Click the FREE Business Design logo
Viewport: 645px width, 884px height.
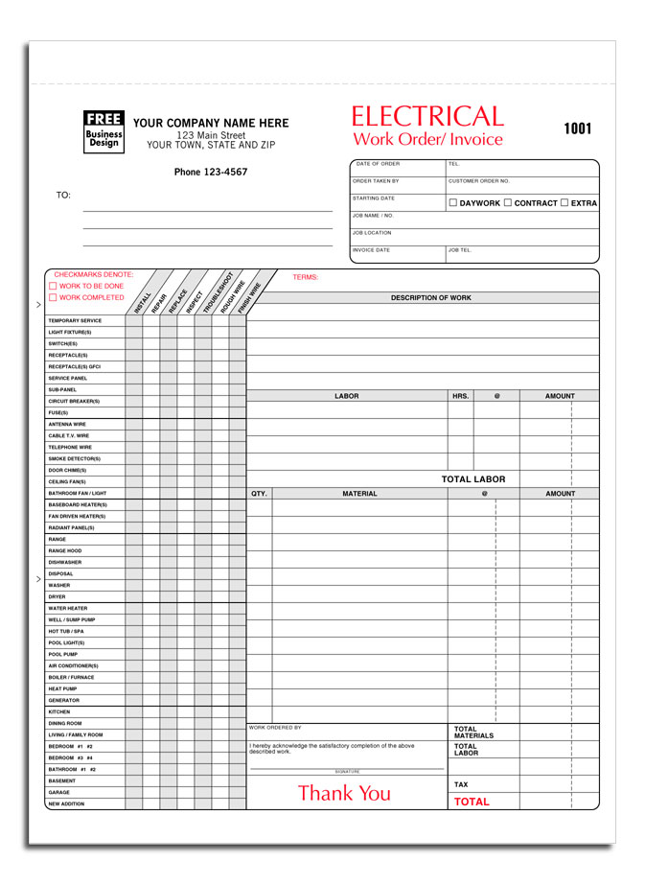pyautogui.click(x=104, y=131)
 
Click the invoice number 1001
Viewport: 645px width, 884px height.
pyautogui.click(x=577, y=129)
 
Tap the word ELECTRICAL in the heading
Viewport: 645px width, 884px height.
pyautogui.click(x=427, y=117)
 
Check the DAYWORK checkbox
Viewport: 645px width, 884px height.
pyautogui.click(x=453, y=203)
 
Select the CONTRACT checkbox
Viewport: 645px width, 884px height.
pyautogui.click(x=508, y=203)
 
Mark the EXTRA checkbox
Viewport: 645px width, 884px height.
pyautogui.click(x=564, y=203)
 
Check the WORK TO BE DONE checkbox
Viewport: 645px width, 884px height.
pyautogui.click(x=53, y=287)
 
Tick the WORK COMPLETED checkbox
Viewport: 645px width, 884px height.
pyautogui.click(x=53, y=298)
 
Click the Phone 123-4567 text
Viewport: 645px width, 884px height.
pyautogui.click(x=211, y=173)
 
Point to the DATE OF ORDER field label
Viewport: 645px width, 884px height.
pyautogui.click(x=378, y=164)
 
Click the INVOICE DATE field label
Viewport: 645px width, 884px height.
pyautogui.click(x=372, y=250)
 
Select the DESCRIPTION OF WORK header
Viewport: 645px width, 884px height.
pyautogui.click(x=430, y=298)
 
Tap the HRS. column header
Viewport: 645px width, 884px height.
pyautogui.click(x=460, y=396)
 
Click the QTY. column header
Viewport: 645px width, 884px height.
pyautogui.click(x=259, y=494)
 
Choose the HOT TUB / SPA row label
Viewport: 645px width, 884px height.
pyautogui.click(x=66, y=632)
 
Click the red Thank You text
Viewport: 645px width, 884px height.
pyautogui.click(x=344, y=793)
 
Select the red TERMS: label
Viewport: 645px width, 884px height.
pyautogui.click(x=305, y=277)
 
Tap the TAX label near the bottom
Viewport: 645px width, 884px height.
pyautogui.click(x=461, y=784)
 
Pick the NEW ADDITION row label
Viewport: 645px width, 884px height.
pyautogui.click(x=66, y=804)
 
